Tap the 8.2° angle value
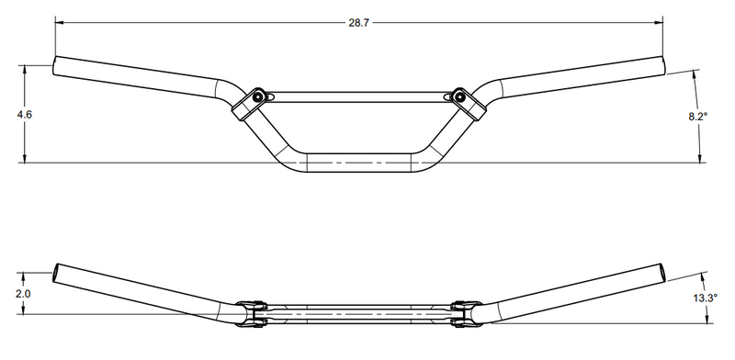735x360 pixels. tap(699, 117)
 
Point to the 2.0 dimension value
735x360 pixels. tap(25, 293)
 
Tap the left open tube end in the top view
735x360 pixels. tap(56, 67)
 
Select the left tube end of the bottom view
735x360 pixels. tap(59, 274)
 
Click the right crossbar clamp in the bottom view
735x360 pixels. tap(466, 313)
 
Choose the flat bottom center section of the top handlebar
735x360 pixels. tap(358, 161)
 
